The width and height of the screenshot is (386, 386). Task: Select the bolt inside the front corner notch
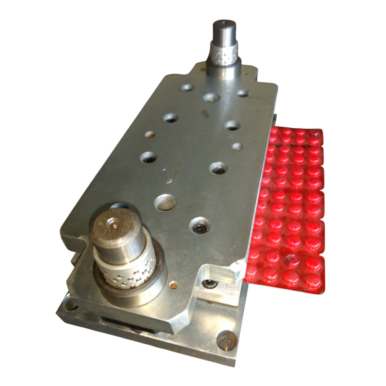click(x=210, y=285)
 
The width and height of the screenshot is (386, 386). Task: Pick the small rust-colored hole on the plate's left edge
click(x=150, y=135)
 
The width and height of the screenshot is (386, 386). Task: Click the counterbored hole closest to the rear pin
click(x=211, y=97)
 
